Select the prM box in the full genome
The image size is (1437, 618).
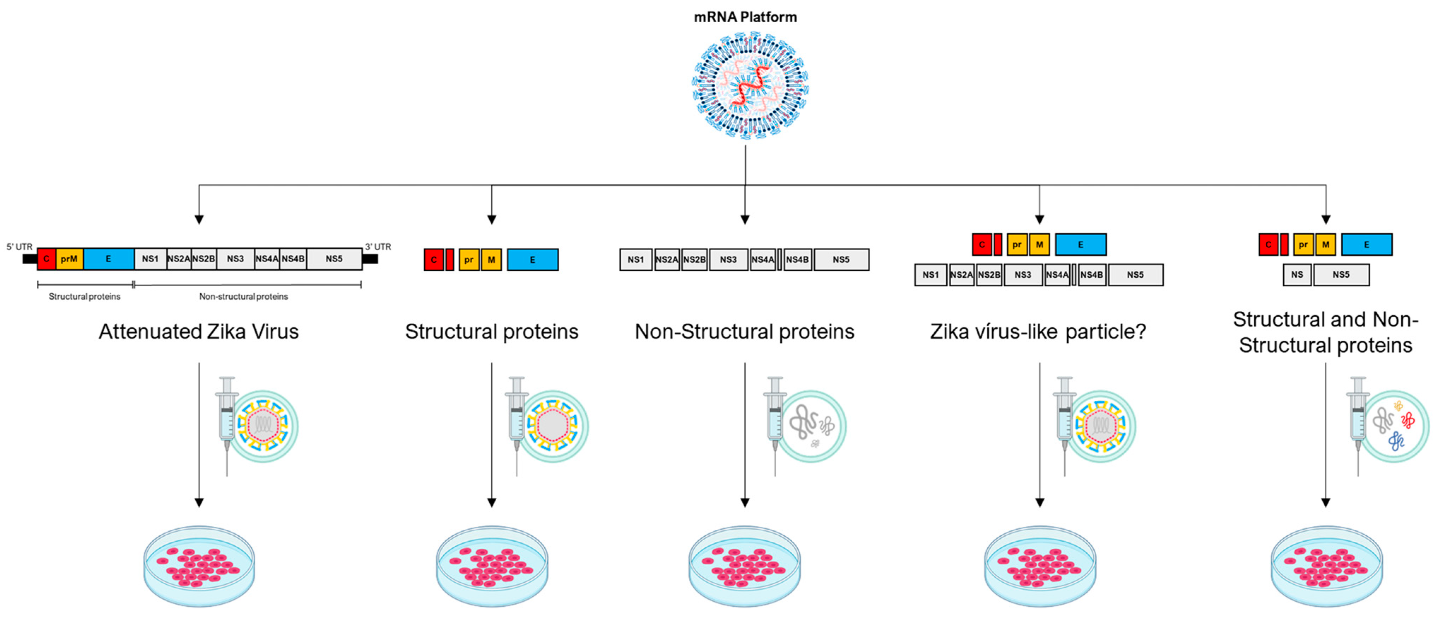(70, 259)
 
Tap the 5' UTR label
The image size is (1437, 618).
(19, 247)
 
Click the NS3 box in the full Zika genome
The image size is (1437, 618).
(235, 259)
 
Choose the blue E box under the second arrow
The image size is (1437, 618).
(532, 260)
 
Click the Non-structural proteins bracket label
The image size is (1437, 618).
(243, 296)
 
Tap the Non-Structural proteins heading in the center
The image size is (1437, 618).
(744, 331)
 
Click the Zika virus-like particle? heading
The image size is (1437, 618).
(1037, 331)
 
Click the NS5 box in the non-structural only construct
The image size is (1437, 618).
(841, 260)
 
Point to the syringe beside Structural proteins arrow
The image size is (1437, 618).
(516, 424)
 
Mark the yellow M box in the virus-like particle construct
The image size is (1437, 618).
(1039, 245)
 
